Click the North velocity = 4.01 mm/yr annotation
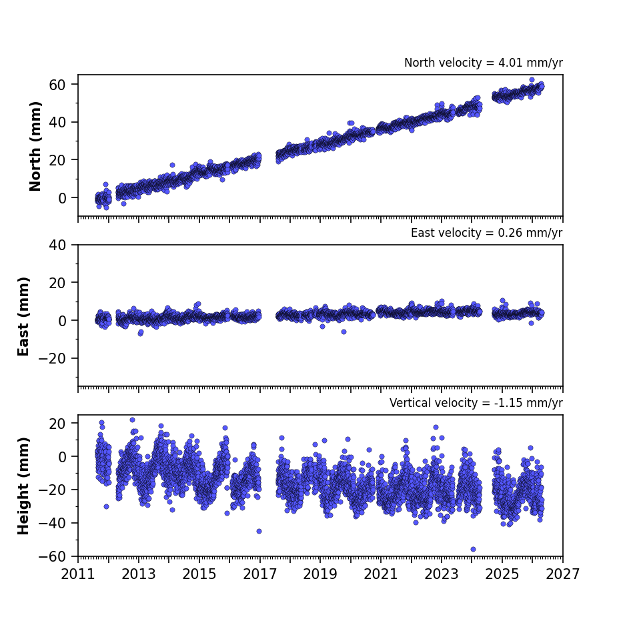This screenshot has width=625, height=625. point(484,63)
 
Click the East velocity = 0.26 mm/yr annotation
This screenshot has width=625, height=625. point(487,233)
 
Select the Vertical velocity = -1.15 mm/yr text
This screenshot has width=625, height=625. point(476,403)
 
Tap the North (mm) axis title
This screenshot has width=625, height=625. point(35,146)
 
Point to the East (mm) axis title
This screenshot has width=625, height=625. point(23,316)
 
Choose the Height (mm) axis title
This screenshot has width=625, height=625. point(23,486)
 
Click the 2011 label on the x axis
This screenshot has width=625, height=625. point(78,574)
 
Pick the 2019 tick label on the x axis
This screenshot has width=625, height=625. point(320,574)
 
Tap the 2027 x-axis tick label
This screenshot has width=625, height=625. point(562,574)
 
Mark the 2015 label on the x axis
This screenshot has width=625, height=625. point(199,574)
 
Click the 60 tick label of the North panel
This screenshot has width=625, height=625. point(57,85)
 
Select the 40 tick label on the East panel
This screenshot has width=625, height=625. point(57,245)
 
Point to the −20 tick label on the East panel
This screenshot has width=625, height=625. point(52,358)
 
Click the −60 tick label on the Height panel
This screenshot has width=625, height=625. point(52,556)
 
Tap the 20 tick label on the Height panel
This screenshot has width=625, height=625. point(57,424)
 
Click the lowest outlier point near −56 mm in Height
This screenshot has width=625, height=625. point(473,549)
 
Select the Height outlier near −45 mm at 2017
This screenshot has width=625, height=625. point(259,532)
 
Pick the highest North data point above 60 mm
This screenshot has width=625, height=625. point(532,80)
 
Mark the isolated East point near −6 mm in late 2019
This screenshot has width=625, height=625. point(344,332)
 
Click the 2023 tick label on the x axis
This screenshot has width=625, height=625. point(442,574)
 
